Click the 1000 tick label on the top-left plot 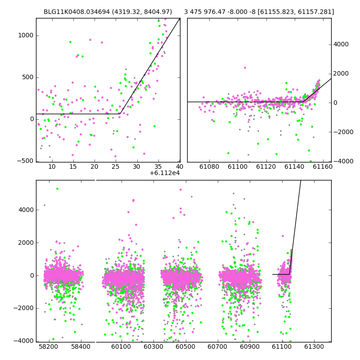pyautogui.click(x=26, y=36)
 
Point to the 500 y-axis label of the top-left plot pyautogui.click(x=28, y=77)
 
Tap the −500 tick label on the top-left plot pyautogui.click(x=25, y=161)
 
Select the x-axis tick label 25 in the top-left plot pyautogui.click(x=115, y=166)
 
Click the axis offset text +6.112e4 pyautogui.click(x=165, y=173)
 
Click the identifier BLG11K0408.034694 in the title pyautogui.click(x=76, y=12)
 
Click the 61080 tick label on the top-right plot pyautogui.click(x=209, y=166)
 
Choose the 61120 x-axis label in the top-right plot pyautogui.click(x=266, y=166)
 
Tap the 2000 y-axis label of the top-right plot pyautogui.click(x=341, y=73)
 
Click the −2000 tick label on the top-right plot pyautogui.click(x=343, y=132)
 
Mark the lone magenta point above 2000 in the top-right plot pyautogui.click(x=245, y=68)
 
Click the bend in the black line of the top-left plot pyautogui.click(x=120, y=114)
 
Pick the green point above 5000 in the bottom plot pyautogui.click(x=58, y=189)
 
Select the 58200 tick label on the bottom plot pyautogui.click(x=49, y=346)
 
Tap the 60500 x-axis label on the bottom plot pyautogui.click(x=185, y=346)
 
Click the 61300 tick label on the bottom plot pyautogui.click(x=314, y=346)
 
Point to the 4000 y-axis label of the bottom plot pyautogui.click(x=26, y=210)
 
